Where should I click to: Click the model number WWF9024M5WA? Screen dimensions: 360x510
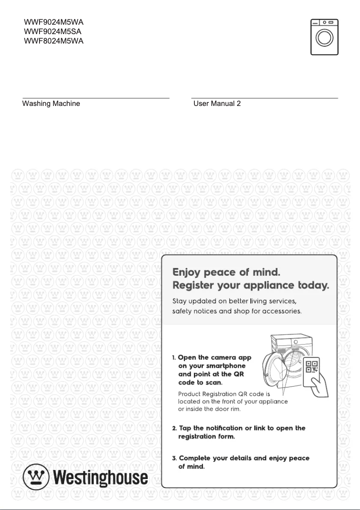click(x=53, y=22)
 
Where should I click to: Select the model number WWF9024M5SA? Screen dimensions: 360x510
click(x=53, y=31)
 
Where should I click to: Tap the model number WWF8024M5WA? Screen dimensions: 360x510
click(x=53, y=41)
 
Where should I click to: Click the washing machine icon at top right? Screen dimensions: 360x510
click(x=324, y=37)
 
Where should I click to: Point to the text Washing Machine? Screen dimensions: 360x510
click(x=51, y=104)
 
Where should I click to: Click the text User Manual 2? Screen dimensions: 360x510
click(x=217, y=104)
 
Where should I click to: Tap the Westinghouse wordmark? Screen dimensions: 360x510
click(x=101, y=477)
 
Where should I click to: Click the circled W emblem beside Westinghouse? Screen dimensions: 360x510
click(x=36, y=477)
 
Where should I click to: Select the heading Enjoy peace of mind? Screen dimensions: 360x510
click(x=227, y=272)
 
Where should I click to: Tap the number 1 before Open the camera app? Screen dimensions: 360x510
click(x=174, y=358)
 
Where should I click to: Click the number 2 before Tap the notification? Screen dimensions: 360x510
click(x=174, y=428)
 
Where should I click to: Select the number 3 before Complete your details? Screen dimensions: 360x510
click(x=174, y=458)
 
